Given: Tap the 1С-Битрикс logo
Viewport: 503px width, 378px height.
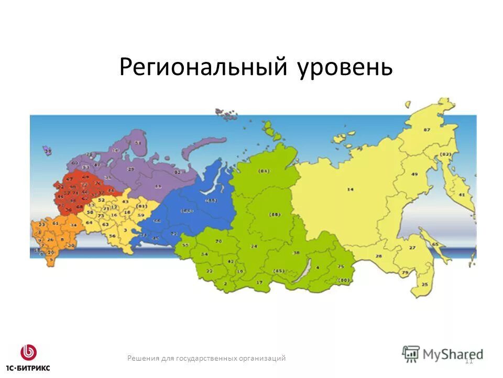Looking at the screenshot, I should point(28,357).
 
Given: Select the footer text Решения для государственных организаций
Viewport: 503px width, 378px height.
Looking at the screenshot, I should point(206,358).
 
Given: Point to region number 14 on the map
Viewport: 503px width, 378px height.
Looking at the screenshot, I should point(351,189).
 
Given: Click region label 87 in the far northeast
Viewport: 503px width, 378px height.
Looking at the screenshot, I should point(427,129).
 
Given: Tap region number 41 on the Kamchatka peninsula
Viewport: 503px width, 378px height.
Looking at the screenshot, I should point(462,194).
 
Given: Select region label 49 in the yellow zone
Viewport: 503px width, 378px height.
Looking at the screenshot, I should point(414,174).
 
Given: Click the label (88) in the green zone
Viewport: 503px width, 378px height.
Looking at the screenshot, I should point(274,214).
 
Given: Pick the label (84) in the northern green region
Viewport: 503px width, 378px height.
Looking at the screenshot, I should point(264,171).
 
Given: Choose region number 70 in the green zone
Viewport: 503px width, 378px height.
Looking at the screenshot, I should point(219,241).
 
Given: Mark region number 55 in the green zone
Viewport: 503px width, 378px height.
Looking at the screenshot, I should point(185,245).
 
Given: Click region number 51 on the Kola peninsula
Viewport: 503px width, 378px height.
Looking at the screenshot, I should point(138,143).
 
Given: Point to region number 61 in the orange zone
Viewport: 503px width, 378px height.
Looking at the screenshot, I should point(56,223).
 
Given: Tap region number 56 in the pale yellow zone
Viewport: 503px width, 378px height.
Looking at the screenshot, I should point(112,236).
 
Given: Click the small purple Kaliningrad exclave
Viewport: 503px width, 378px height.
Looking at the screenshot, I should point(48,152).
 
